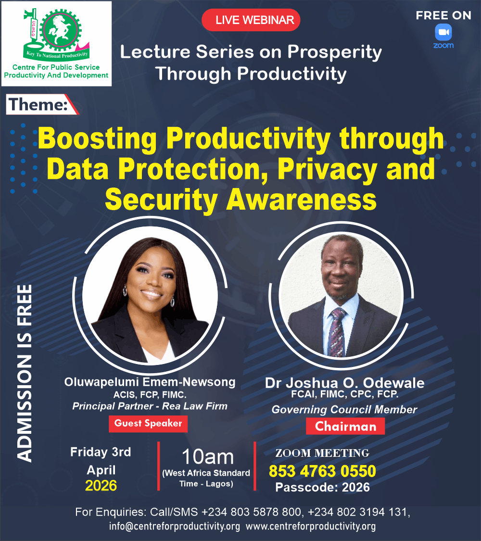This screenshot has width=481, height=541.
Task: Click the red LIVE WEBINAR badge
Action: (251, 20)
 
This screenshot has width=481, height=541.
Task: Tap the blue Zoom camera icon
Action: (443, 33)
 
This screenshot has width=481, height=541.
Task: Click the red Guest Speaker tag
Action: (148, 424)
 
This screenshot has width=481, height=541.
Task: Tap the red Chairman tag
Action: (345, 426)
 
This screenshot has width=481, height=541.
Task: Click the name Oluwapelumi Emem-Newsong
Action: (150, 382)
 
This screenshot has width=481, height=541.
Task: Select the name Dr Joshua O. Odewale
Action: (344, 383)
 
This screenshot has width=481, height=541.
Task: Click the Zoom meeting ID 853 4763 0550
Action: (322, 471)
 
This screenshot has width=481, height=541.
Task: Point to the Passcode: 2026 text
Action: (322, 487)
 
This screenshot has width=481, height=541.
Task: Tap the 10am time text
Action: (207, 457)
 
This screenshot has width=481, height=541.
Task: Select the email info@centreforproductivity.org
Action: (174, 526)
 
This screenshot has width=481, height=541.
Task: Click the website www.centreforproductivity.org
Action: (311, 526)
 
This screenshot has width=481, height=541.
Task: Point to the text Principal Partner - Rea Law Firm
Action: (150, 406)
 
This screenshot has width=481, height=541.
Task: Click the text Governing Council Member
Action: (344, 410)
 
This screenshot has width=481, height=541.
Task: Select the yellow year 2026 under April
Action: (101, 486)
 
